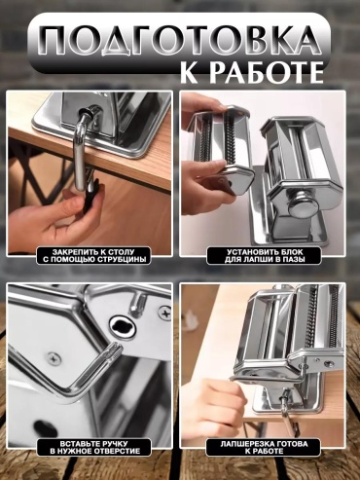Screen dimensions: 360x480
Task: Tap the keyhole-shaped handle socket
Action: point(123,327)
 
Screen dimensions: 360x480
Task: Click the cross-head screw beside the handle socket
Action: point(165,314)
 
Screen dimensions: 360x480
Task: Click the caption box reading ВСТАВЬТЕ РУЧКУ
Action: point(93,447)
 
